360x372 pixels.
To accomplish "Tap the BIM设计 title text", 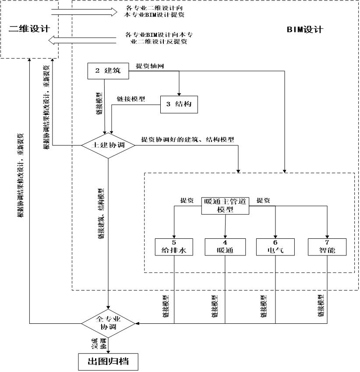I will click(x=305, y=30).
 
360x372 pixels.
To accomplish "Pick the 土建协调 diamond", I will click(x=108, y=145).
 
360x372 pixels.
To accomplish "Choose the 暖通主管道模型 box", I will click(x=226, y=205).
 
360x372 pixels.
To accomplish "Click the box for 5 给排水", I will click(x=174, y=248).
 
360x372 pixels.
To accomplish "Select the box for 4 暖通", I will click(x=226, y=248).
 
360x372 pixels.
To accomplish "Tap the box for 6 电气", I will click(x=275, y=248).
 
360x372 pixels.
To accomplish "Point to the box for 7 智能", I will click(x=327, y=248).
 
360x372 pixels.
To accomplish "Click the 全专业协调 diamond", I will click(x=108, y=323).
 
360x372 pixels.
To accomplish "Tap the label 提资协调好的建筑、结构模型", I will click(x=187, y=140).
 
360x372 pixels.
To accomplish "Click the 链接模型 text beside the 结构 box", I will click(x=131, y=99).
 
